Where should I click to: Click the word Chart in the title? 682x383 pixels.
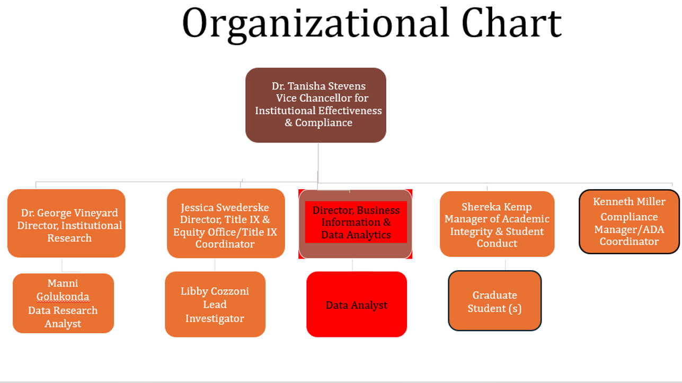click(511, 24)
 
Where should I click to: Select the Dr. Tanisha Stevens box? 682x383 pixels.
click(316, 105)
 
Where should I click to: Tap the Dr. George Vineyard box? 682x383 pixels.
click(66, 224)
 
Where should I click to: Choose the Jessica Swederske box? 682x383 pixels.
click(225, 224)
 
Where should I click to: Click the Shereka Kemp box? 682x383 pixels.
click(497, 224)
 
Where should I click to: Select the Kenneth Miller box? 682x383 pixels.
click(629, 221)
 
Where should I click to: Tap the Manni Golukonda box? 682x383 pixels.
click(63, 303)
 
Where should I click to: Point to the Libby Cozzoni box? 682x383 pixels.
click(215, 304)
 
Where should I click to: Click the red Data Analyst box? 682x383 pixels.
click(357, 304)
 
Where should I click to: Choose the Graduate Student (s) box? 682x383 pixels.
click(494, 301)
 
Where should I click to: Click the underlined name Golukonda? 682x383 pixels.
click(63, 297)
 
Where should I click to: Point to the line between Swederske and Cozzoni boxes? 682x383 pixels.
click(215, 265)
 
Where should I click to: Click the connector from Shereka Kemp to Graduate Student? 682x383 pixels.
click(505, 264)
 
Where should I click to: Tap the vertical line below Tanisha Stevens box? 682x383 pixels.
click(318, 159)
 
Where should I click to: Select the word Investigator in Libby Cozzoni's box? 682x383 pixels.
click(215, 318)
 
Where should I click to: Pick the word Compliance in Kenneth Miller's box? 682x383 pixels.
click(629, 217)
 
